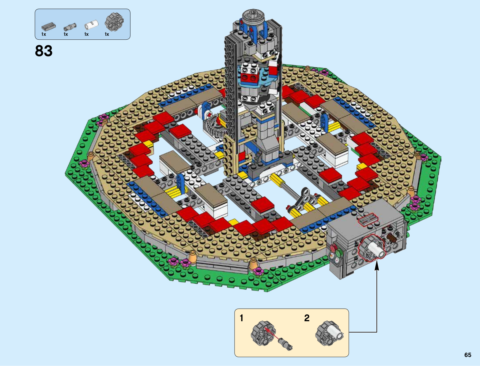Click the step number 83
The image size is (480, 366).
pyautogui.click(x=44, y=51)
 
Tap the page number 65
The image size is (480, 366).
pyautogui.click(x=468, y=355)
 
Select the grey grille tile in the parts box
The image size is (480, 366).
pyautogui.click(x=49, y=27)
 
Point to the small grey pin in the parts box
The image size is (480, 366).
pyautogui.click(x=70, y=27)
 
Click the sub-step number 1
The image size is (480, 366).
pyautogui.click(x=241, y=318)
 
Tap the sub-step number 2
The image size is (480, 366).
pyautogui.click(x=307, y=318)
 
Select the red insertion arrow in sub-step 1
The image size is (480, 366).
pyautogui.click(x=271, y=334)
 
